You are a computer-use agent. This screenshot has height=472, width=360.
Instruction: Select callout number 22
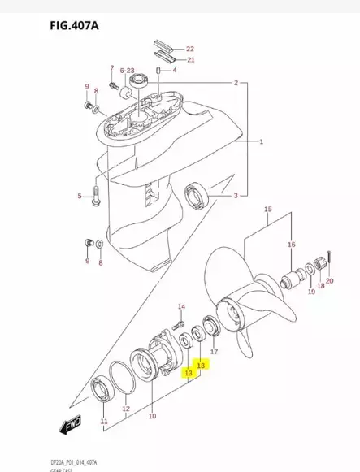[190, 49]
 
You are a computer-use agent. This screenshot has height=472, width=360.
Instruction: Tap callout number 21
[190, 59]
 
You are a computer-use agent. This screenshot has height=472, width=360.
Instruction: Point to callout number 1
[262, 142]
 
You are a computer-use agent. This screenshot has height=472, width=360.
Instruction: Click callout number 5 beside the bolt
[80, 196]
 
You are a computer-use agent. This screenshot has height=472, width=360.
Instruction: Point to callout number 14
[182, 305]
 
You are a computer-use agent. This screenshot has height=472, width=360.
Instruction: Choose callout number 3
[236, 196]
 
